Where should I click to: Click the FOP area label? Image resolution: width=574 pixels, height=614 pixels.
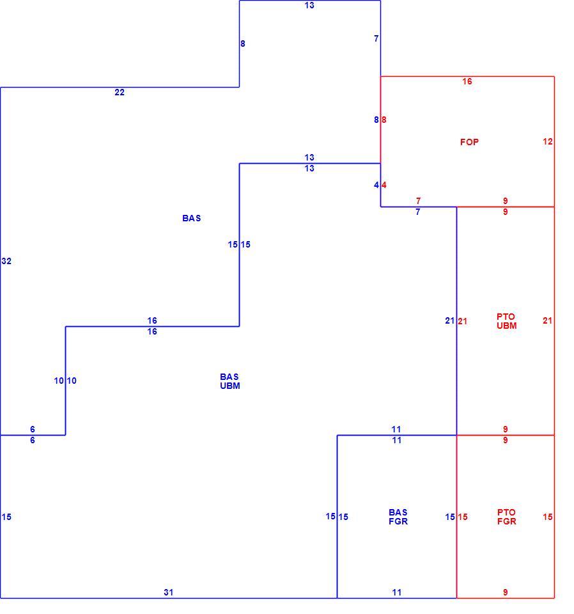[469, 142]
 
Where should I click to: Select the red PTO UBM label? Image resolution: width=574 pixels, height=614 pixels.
[507, 321]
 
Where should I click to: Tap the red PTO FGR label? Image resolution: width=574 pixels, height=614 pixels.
[507, 517]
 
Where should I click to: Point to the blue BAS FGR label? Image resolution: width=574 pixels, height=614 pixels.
[398, 517]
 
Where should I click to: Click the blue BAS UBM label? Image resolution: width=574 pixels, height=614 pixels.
[229, 381]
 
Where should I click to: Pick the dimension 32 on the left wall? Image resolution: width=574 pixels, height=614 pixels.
[6, 261]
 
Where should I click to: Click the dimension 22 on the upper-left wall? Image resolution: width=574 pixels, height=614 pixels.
[120, 92]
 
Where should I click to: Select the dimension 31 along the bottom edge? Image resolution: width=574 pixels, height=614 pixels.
[168, 592]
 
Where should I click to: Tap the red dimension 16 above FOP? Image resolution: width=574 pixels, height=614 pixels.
[467, 81]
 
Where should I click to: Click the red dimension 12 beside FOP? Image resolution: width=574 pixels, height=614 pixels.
[547, 141]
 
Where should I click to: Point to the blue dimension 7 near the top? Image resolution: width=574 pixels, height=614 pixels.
[376, 38]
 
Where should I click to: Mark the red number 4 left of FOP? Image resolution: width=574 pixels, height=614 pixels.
[384, 185]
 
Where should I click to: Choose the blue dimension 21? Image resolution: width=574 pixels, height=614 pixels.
[449, 320]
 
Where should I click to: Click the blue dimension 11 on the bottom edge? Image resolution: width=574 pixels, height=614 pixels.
[397, 592]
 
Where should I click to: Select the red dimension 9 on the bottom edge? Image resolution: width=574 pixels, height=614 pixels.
[505, 592]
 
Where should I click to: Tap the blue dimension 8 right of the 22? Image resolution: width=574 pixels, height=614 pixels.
[243, 44]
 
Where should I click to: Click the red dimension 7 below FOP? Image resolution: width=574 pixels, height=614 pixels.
[418, 201]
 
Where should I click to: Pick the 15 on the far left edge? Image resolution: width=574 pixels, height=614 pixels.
[6, 517]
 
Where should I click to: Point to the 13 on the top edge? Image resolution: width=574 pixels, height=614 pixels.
[309, 6]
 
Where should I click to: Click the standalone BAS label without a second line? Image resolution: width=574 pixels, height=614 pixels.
[191, 219]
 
